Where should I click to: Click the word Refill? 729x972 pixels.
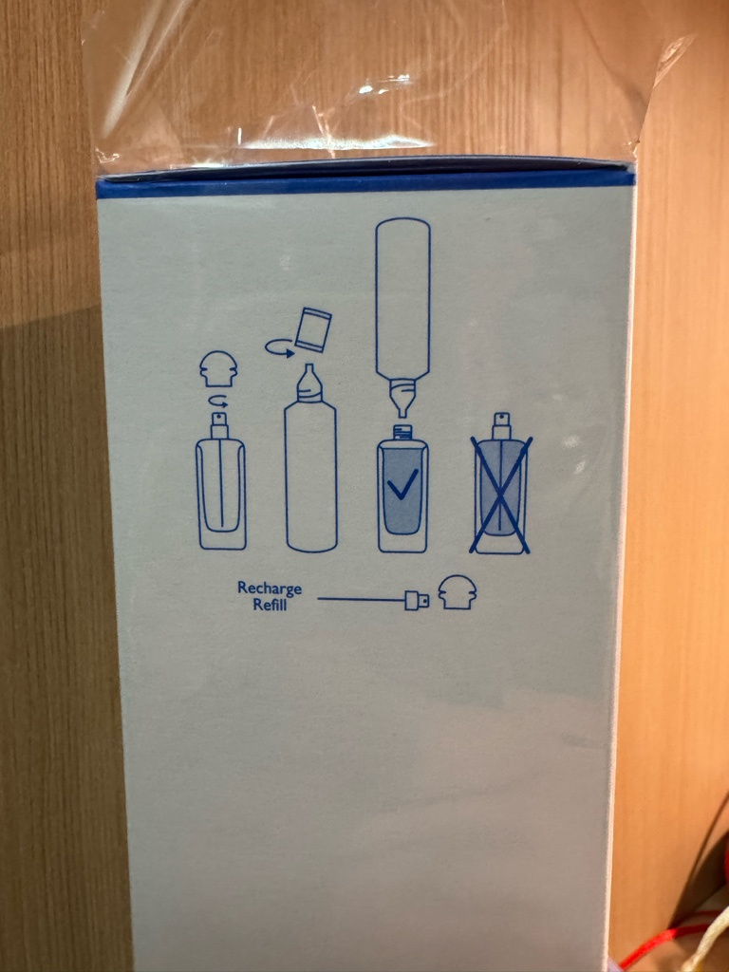[270, 605]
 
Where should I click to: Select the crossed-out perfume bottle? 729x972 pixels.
[500, 483]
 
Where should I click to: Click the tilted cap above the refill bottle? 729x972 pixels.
[313, 330]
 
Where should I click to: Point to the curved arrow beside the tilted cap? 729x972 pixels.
[279, 348]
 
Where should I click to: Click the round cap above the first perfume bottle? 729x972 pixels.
[218, 369]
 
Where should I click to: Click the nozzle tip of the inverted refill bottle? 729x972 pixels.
[402, 410]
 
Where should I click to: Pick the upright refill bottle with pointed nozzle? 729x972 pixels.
[310, 458]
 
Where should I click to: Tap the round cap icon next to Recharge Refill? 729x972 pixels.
[458, 592]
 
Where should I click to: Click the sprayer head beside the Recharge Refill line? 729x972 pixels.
[417, 600]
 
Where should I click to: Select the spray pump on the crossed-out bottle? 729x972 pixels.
[502, 426]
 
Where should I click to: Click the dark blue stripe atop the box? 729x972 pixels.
[365, 185]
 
